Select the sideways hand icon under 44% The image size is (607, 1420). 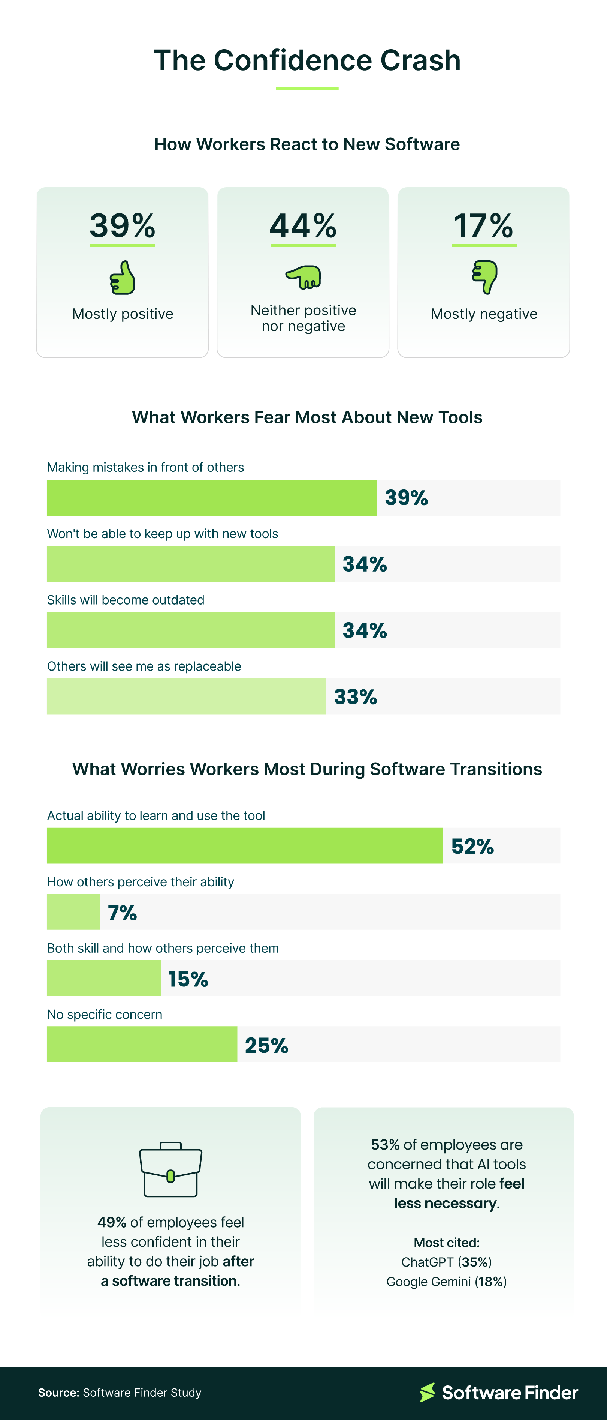coord(303,277)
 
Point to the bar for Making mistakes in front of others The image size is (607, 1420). coord(212,498)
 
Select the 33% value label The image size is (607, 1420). coord(355,697)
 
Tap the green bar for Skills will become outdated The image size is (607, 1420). coord(191,630)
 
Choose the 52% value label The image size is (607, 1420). coord(472,846)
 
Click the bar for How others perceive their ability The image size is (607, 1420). coord(73,912)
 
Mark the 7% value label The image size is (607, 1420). coord(122,913)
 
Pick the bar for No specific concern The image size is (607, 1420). coord(142,1044)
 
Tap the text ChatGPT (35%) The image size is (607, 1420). coord(446,1262)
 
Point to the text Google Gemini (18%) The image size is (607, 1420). coord(446,1282)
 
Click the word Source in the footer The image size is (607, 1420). coord(58,1393)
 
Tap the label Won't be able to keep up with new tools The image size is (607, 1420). coord(163,534)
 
